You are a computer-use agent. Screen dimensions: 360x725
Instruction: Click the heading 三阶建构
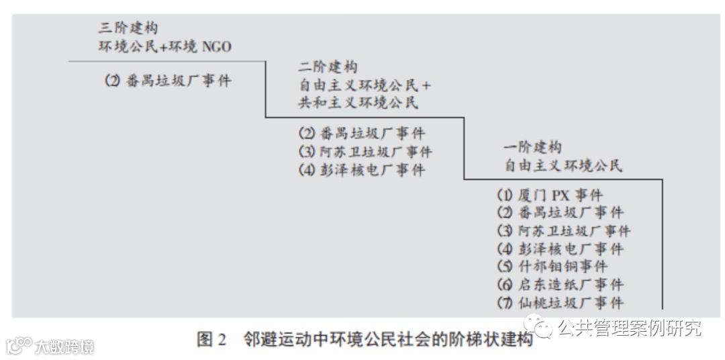click(x=130, y=28)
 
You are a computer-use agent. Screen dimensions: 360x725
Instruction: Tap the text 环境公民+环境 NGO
click(x=165, y=46)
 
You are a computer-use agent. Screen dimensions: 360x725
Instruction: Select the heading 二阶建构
click(x=328, y=67)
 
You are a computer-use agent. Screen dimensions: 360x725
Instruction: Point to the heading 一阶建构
click(x=532, y=147)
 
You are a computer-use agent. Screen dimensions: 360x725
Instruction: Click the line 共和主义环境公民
click(x=358, y=103)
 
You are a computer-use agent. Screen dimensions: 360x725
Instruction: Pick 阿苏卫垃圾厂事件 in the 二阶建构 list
click(x=365, y=152)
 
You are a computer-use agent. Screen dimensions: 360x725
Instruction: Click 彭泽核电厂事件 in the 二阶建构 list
click(x=362, y=170)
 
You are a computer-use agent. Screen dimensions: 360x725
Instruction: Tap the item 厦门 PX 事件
click(x=550, y=195)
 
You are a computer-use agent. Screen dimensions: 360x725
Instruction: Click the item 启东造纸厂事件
click(x=560, y=285)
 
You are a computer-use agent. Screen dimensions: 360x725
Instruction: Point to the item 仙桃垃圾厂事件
click(x=560, y=302)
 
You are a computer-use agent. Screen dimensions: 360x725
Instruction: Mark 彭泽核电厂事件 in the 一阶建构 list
click(x=560, y=249)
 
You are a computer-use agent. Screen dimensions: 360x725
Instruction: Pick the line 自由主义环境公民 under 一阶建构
click(x=563, y=165)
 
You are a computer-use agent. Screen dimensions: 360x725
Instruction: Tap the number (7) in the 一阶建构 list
click(x=504, y=302)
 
